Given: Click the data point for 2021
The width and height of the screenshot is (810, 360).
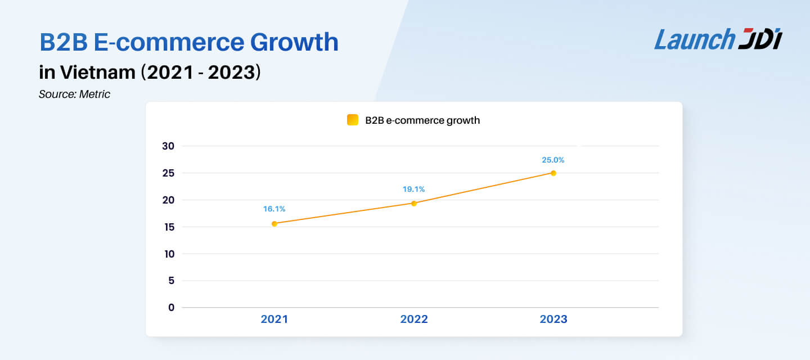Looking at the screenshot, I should [274, 223].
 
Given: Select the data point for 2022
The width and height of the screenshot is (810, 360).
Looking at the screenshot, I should [414, 203].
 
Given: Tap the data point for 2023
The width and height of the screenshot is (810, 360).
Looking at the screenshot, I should [553, 173].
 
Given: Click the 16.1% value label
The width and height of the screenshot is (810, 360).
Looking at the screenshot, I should [274, 209].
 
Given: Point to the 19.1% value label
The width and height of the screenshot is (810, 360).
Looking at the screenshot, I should [414, 189].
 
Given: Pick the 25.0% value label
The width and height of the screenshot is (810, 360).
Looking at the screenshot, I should [553, 160].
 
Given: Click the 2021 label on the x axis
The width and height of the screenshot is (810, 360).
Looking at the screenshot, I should [274, 319].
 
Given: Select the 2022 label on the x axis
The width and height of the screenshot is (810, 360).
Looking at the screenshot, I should [414, 319].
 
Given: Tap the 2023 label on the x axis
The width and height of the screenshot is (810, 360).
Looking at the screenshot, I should [553, 319].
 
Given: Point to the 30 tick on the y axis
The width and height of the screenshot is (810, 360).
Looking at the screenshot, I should [168, 146].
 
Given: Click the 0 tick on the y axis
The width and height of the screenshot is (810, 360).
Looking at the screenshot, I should [171, 308].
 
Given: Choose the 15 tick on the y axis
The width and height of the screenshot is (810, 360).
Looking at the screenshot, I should [168, 227].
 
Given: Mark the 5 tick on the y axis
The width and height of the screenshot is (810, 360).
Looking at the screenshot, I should [171, 281].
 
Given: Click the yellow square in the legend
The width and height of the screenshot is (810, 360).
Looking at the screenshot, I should [353, 120].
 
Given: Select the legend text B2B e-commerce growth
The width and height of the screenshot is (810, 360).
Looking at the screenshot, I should [422, 120].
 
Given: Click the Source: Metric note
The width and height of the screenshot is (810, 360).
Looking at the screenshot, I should [74, 94].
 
